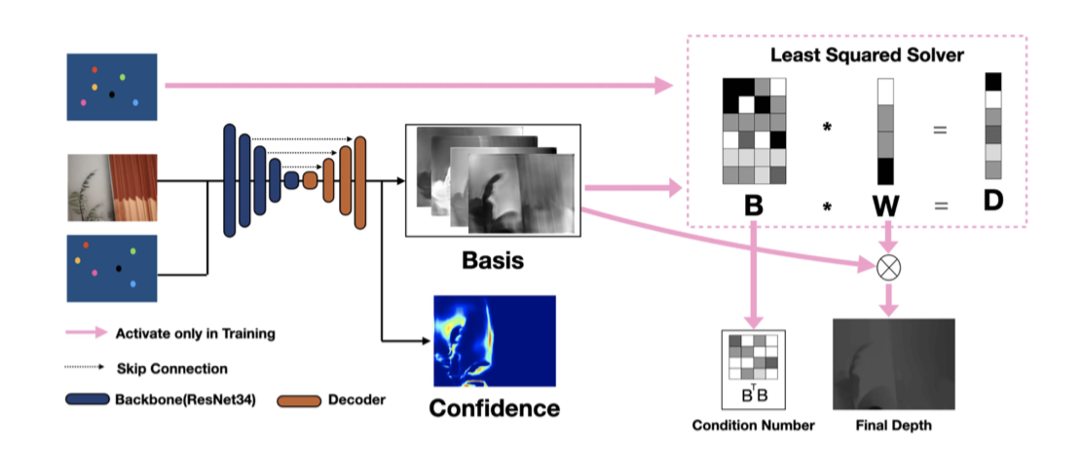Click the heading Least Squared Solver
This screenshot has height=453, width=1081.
[x=867, y=56]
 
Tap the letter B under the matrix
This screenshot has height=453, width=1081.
[x=752, y=206]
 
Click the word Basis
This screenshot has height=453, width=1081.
[x=492, y=261]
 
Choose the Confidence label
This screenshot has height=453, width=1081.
[x=494, y=407]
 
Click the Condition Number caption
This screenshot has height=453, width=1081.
[x=753, y=425]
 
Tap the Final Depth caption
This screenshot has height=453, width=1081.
[x=893, y=425]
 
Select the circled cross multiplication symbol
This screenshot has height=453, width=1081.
[x=888, y=268]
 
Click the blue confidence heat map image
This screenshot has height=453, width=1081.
[x=494, y=341]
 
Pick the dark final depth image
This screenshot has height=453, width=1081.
[x=893, y=363]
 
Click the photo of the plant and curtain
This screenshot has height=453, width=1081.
[x=112, y=186]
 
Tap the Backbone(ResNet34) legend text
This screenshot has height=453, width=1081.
[x=182, y=399]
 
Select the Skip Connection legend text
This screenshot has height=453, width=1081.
[x=171, y=368]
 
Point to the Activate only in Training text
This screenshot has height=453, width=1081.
[x=195, y=333]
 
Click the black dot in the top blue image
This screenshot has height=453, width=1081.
[x=111, y=94]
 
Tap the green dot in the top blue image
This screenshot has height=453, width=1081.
[x=123, y=76]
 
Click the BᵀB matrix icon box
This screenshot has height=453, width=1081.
[x=753, y=369]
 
